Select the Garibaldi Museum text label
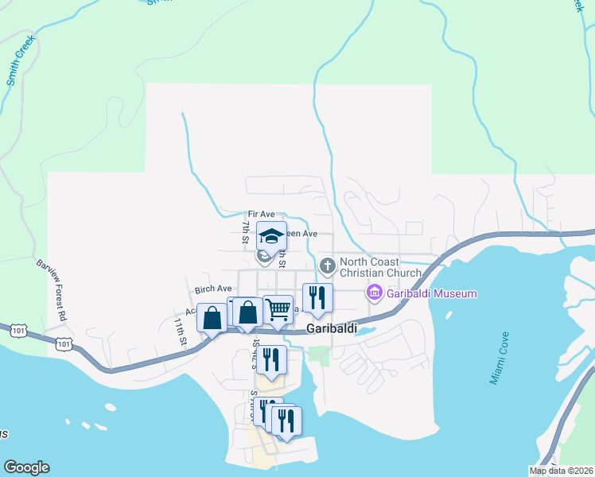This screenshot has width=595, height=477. point(432,293)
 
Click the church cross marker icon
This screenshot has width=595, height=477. point(326,265)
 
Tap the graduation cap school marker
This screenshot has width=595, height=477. point(271,236)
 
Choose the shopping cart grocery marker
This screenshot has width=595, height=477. point(278,309)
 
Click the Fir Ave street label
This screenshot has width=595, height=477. point(261,215)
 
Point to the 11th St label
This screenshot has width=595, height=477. point(181,332)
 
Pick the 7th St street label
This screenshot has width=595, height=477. point(246,231)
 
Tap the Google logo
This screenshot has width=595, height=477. point(26,467)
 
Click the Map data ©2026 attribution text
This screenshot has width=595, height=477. point(562,471)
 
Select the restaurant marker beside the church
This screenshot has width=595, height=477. point(317,298)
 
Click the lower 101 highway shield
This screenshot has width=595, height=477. point(64,344)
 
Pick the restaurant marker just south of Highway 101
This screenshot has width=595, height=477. point(271,359)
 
